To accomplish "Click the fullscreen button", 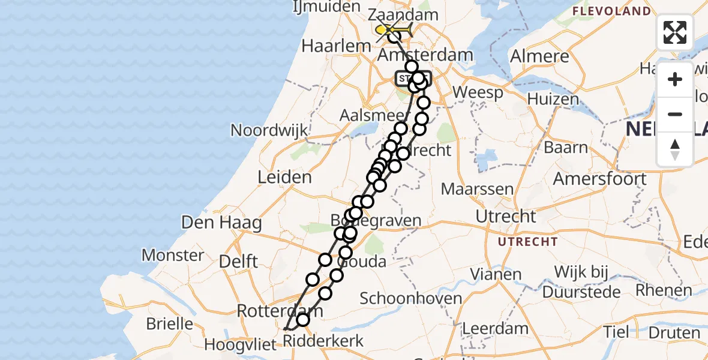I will click(x=675, y=32).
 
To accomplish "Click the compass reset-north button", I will click(x=675, y=149).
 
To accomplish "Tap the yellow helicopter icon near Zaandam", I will click(x=394, y=29).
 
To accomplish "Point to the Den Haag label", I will click(x=222, y=223).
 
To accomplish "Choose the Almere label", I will click(x=539, y=56).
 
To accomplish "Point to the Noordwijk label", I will click(x=269, y=130).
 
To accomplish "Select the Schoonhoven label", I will click(x=411, y=298).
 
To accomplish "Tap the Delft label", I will click(x=238, y=262).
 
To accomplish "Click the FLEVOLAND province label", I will click(x=611, y=11).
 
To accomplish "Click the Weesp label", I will click(x=478, y=93).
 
